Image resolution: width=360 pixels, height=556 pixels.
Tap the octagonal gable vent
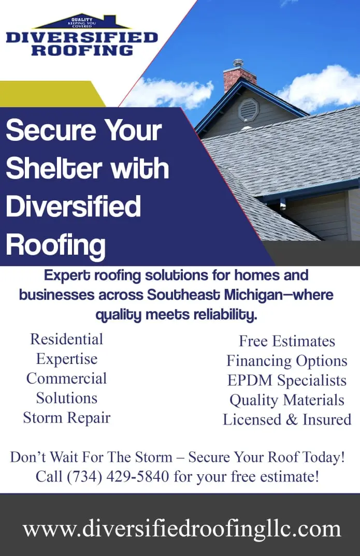(x=248, y=110)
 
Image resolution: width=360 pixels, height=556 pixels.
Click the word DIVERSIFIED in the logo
(x=82, y=38)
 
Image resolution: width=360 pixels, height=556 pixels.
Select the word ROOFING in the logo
(x=82, y=50)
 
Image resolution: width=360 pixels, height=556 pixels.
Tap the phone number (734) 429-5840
(x=118, y=477)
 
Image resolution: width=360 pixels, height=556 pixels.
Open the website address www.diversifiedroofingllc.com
(x=182, y=529)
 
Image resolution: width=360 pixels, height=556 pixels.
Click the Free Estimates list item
(x=287, y=341)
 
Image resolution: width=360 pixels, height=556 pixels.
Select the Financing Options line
(x=287, y=361)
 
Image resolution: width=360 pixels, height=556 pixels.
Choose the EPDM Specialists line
(x=287, y=381)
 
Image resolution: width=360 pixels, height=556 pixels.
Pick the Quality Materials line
(x=287, y=400)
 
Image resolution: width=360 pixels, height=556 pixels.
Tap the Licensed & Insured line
(x=287, y=419)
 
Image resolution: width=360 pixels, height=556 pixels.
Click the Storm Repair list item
(x=67, y=418)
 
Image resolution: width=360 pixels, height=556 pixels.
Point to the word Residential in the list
(x=67, y=339)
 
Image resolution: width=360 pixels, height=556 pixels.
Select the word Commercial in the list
(x=67, y=378)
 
